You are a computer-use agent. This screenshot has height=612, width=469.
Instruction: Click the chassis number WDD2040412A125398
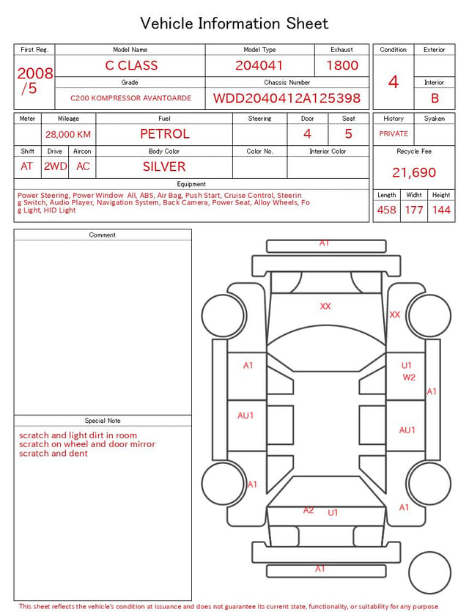(x=287, y=98)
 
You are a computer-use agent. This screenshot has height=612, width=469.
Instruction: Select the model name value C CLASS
(x=131, y=65)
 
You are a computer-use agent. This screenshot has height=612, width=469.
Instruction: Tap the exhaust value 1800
(x=342, y=65)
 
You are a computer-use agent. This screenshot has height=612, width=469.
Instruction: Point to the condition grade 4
(x=394, y=82)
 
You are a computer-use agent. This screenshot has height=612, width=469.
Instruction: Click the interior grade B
(x=435, y=98)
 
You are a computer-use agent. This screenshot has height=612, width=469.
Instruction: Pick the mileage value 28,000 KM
(x=68, y=135)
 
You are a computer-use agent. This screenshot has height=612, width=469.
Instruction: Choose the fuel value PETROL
(x=165, y=134)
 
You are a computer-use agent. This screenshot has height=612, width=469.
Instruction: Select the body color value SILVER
(x=164, y=166)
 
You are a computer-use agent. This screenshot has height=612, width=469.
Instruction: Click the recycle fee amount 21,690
(x=414, y=172)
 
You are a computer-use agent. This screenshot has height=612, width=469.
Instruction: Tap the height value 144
(x=441, y=210)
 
